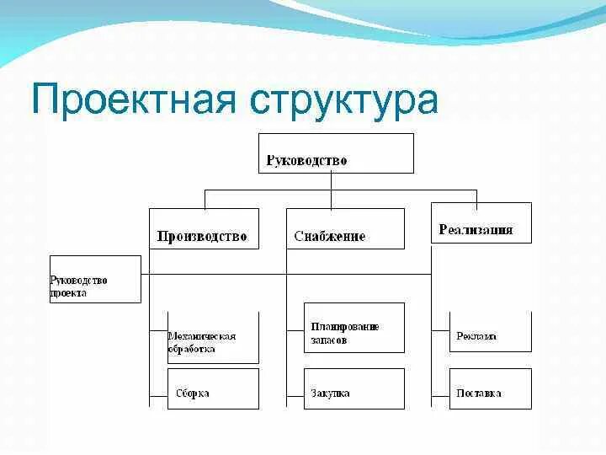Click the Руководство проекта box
coord(95,279)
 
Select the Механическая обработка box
coord(212,338)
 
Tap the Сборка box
coord(213,388)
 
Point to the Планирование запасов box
coord(353,328)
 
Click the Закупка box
coord(353,388)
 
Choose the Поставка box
coord(490,388)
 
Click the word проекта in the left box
coord(69,294)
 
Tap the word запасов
coord(329,340)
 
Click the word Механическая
coord(201,336)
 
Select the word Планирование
coord(345,327)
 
